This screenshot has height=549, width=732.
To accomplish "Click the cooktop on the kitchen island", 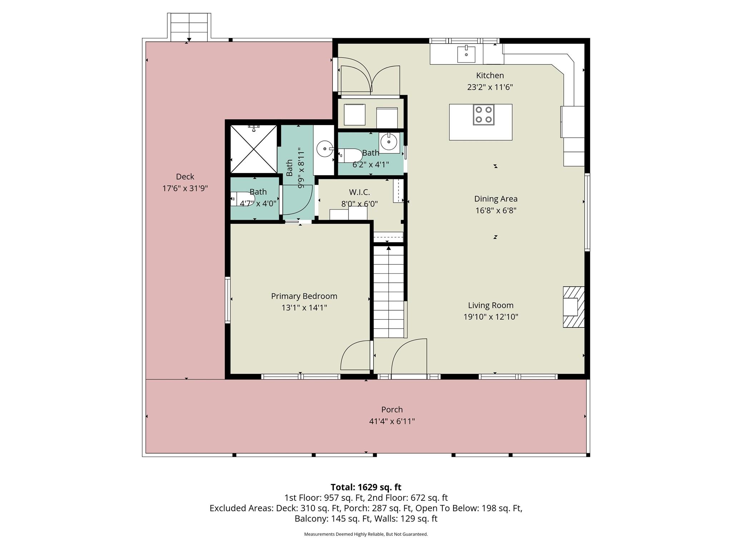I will point(484,115).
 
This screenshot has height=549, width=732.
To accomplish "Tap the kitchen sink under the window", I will point(466,54).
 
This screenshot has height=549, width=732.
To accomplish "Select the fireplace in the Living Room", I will point(573,307).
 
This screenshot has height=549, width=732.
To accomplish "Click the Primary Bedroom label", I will point(304,296).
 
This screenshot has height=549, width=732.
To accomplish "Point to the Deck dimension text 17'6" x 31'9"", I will point(185,188).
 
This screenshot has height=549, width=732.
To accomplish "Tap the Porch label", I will point(392,410).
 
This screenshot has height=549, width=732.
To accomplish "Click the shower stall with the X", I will point(253,149).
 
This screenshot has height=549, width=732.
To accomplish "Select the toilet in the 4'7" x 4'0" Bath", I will point(242,199).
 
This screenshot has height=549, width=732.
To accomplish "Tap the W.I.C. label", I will point(359,192).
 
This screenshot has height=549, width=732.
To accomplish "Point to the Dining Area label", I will point(495,199).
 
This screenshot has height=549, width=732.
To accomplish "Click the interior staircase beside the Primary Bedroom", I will point(389,291).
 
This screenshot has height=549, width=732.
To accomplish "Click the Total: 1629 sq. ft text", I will point(366,487).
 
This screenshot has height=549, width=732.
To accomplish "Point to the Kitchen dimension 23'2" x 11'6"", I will point(490,87).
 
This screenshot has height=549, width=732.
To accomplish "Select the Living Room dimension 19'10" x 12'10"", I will point(490,317).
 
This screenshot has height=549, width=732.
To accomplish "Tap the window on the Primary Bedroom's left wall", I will point(227,300).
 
